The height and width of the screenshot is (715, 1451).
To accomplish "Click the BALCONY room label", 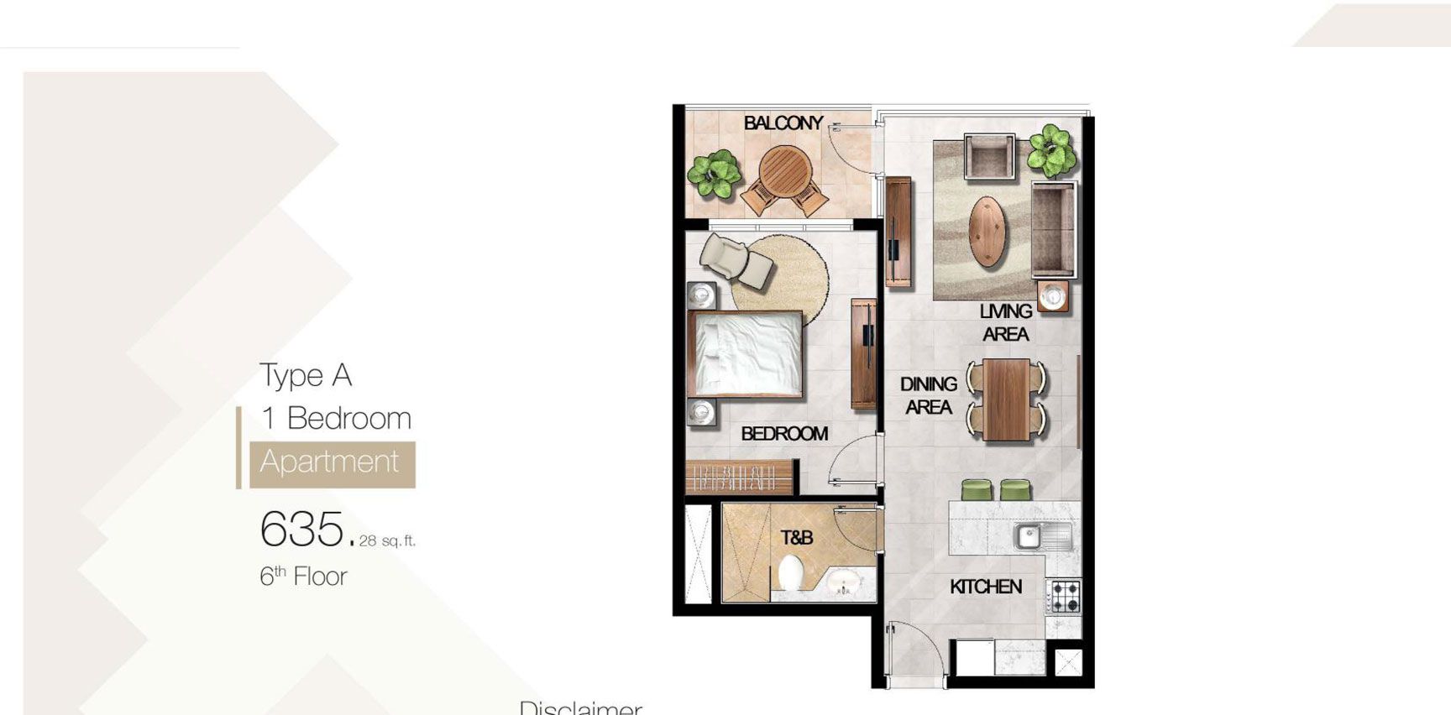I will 783,123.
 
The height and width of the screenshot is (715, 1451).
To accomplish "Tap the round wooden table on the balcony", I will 785,171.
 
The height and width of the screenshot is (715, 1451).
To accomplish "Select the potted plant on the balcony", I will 715,174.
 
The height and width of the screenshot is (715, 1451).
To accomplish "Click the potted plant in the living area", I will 1052,150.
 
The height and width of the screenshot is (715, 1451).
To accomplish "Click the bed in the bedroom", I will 745,353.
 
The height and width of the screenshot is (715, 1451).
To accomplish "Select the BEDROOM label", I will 783,434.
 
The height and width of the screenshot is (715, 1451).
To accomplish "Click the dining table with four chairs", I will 1006,399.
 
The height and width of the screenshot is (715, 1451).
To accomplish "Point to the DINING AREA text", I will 928,395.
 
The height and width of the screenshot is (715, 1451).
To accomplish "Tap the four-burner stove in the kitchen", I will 1064,597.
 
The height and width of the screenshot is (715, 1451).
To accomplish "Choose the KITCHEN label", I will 985,587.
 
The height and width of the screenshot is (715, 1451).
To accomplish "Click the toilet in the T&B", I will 790,575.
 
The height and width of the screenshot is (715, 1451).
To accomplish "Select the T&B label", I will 796,537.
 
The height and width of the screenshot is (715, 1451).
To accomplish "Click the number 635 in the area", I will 301,529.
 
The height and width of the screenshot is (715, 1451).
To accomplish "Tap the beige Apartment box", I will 332,463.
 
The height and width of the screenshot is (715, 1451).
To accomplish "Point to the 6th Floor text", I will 303,577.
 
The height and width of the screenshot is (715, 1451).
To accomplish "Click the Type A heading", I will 305,375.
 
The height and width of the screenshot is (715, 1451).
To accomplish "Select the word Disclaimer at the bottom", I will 580,707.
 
